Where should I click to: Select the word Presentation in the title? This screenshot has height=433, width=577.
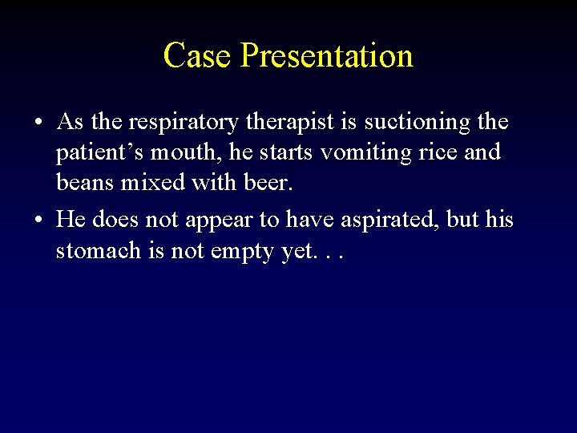point(326,56)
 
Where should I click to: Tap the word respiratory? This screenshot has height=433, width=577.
point(176,123)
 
